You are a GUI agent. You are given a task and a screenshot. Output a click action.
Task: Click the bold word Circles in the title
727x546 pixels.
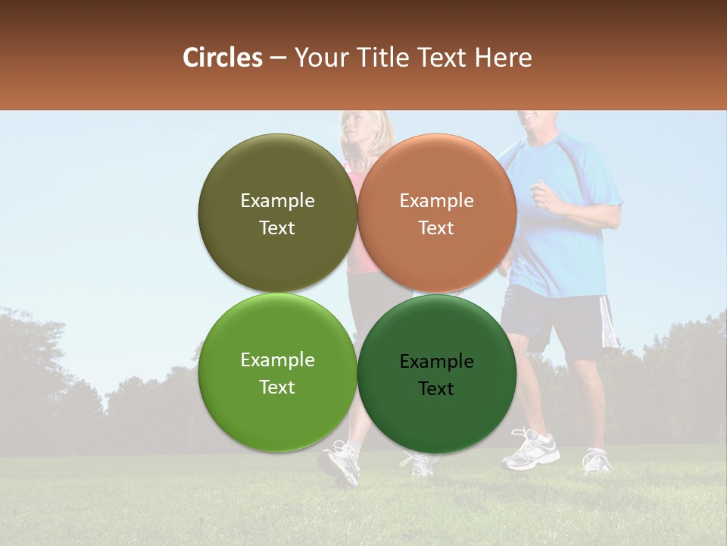pyautogui.click(x=222, y=58)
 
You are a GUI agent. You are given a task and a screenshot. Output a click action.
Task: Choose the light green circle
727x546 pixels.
pyautogui.click(x=277, y=409)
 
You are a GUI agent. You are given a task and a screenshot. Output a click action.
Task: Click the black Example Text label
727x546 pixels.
pyautogui.click(x=436, y=375)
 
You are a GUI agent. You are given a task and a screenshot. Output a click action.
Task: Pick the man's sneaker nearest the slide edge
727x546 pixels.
pyautogui.click(x=597, y=460)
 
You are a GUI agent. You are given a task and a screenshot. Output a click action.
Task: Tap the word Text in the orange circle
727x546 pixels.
pyautogui.click(x=436, y=227)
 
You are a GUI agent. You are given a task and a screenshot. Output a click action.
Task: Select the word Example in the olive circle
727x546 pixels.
pyautogui.click(x=277, y=200)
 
